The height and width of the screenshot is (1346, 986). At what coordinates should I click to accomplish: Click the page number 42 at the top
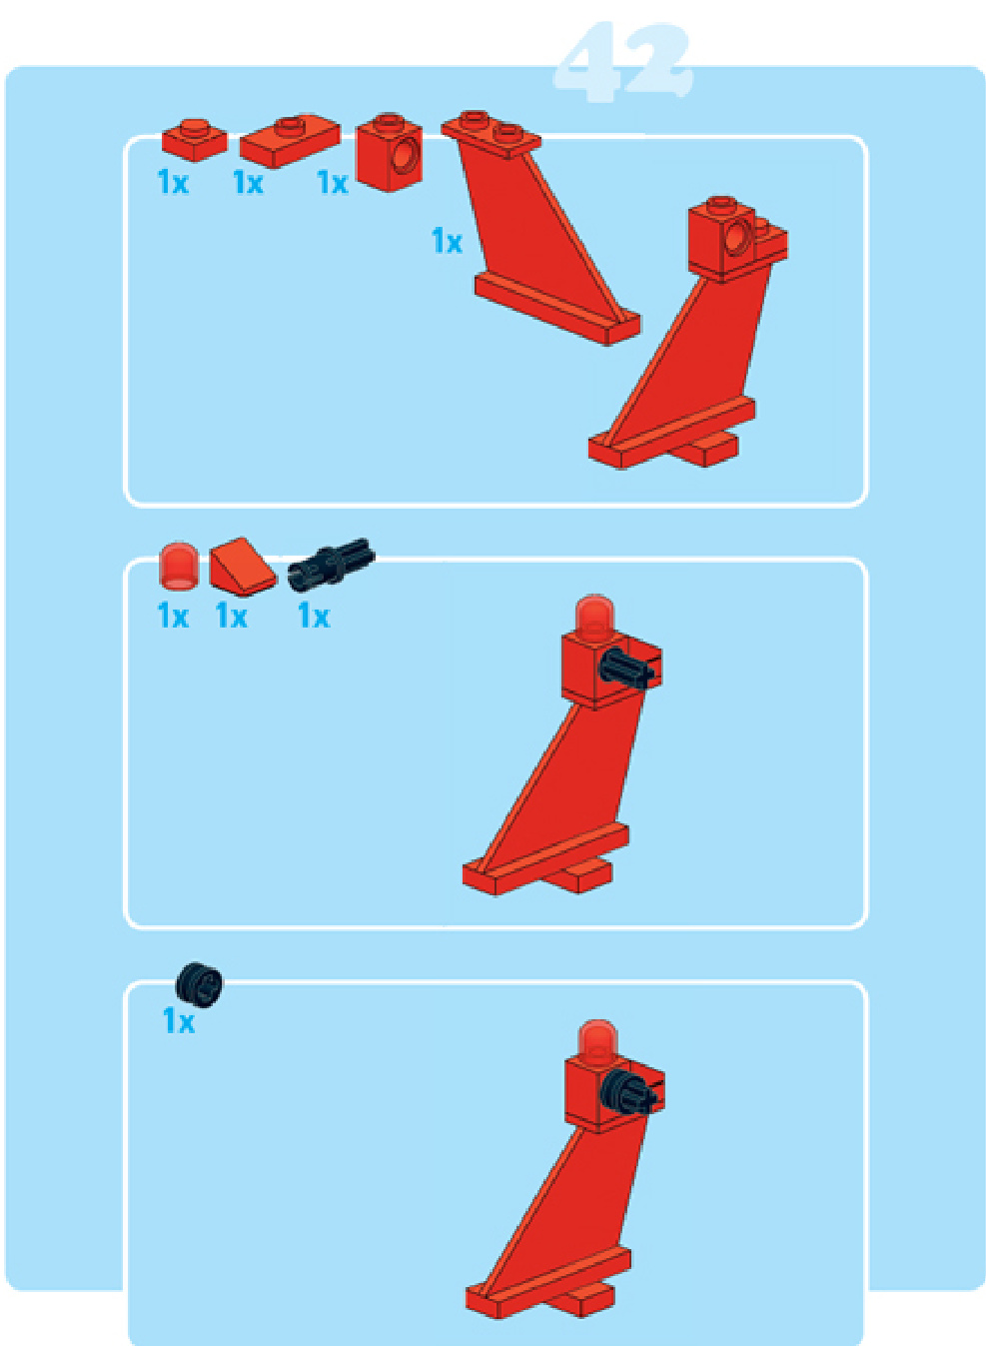click(x=623, y=63)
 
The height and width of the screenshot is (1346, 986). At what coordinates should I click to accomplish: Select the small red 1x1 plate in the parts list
click(x=195, y=140)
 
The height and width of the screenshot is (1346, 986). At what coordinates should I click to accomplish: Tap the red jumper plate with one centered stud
click(x=290, y=141)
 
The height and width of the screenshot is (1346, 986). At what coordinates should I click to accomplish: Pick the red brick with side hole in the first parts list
click(x=390, y=152)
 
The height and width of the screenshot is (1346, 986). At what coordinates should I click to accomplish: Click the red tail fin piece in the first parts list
click(x=540, y=229)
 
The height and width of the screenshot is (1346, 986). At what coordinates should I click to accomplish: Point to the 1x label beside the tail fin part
click(x=447, y=242)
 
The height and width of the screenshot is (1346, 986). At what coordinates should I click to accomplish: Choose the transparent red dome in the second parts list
click(x=179, y=565)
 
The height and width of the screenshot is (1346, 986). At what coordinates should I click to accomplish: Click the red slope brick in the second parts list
click(x=243, y=568)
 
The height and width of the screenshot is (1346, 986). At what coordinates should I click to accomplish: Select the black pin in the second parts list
click(x=331, y=564)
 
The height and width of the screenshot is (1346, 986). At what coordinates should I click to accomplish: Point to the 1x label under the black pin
click(x=314, y=617)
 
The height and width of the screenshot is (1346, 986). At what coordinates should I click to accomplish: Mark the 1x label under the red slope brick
click(x=232, y=617)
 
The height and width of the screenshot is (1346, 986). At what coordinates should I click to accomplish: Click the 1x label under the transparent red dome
click(x=173, y=617)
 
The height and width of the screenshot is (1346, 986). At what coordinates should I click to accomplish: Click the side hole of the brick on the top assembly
click(x=737, y=236)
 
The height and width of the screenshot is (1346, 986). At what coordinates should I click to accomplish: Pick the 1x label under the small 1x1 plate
click(x=173, y=182)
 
